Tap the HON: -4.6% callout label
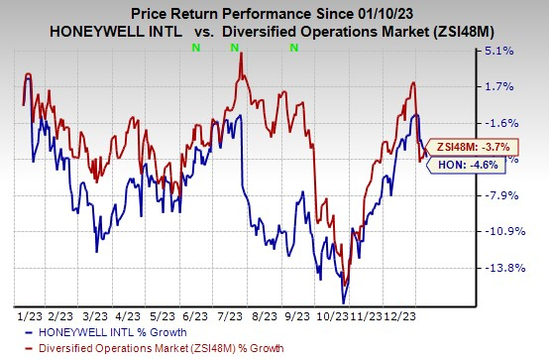[454, 168]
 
